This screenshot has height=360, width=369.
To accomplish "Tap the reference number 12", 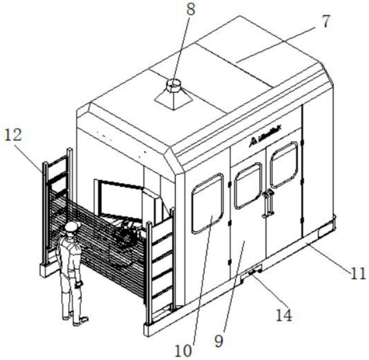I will pos(13,135).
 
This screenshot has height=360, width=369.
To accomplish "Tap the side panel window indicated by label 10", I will pos(208,203).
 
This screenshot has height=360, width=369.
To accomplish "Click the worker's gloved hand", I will pos(79,283).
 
